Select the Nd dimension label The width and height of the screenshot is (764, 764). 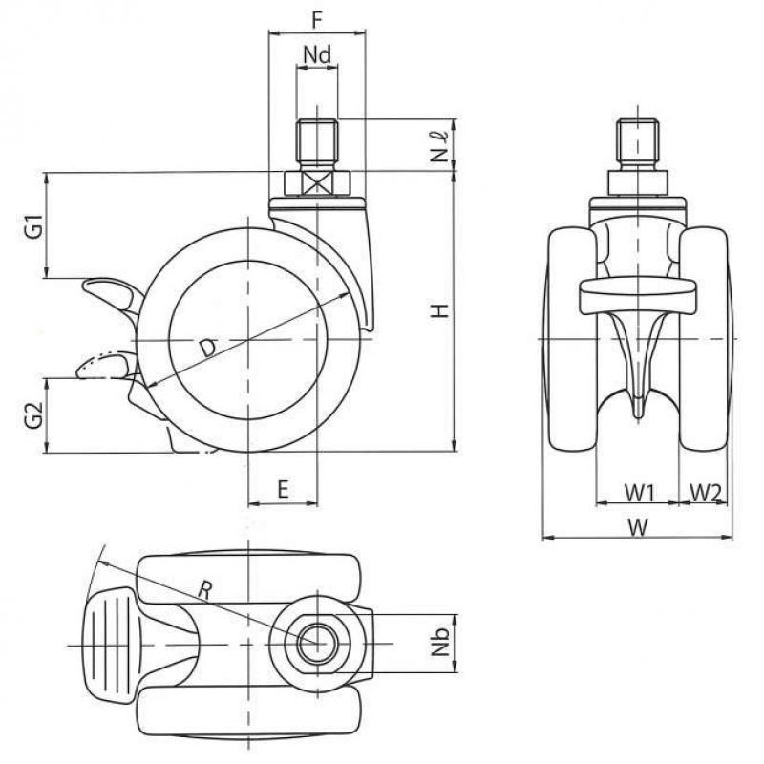click(317, 54)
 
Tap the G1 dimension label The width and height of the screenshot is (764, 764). click(34, 226)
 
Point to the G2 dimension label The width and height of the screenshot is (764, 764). click(34, 414)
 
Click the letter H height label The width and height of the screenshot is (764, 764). click(439, 310)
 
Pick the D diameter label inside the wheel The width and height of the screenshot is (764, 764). click(208, 349)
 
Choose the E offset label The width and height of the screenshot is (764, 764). click(283, 489)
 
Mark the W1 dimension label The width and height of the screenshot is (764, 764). click(639, 493)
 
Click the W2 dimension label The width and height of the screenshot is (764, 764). click(705, 493)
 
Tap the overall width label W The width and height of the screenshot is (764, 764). click(638, 527)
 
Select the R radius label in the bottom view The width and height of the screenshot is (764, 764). click(204, 590)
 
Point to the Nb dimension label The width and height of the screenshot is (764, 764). click(440, 642)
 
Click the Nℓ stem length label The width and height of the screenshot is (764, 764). click(440, 147)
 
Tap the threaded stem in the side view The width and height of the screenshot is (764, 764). click(317, 144)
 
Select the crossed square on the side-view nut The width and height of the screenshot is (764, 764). click(317, 183)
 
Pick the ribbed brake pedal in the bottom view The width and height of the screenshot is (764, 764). click(110, 646)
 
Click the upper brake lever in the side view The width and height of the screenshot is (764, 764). click(113, 293)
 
